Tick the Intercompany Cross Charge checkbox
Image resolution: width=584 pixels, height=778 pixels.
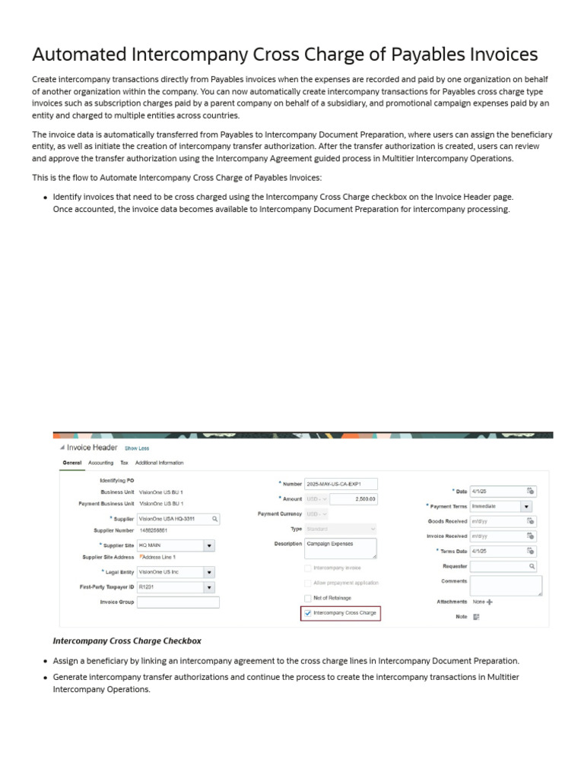point(307,612)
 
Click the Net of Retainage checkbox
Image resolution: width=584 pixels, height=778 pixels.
point(307,598)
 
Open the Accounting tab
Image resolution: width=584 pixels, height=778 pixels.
point(100,463)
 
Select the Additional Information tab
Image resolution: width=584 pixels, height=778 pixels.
point(159,463)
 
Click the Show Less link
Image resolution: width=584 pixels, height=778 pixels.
point(137,448)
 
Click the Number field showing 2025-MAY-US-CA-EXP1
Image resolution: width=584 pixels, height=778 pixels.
point(340,483)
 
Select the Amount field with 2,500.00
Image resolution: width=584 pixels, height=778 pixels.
point(354,498)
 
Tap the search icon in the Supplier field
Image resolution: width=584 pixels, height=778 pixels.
point(215,518)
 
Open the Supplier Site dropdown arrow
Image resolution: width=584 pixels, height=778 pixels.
point(209,546)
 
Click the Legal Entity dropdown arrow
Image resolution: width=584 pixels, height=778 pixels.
point(209,572)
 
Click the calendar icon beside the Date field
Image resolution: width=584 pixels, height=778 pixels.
point(531,491)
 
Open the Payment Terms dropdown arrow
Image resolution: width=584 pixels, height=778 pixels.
point(526,506)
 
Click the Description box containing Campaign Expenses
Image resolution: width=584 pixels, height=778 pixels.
point(340,548)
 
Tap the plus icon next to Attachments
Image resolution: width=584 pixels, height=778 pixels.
point(490,602)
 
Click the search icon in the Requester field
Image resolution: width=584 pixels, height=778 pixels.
point(532,566)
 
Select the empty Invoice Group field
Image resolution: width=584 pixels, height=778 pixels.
point(178,602)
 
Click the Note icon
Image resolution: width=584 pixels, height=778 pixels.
point(477,617)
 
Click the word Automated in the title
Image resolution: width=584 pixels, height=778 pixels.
point(80,55)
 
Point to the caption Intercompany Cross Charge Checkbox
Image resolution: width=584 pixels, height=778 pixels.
point(127,641)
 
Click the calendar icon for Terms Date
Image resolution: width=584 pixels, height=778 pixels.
point(531,551)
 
